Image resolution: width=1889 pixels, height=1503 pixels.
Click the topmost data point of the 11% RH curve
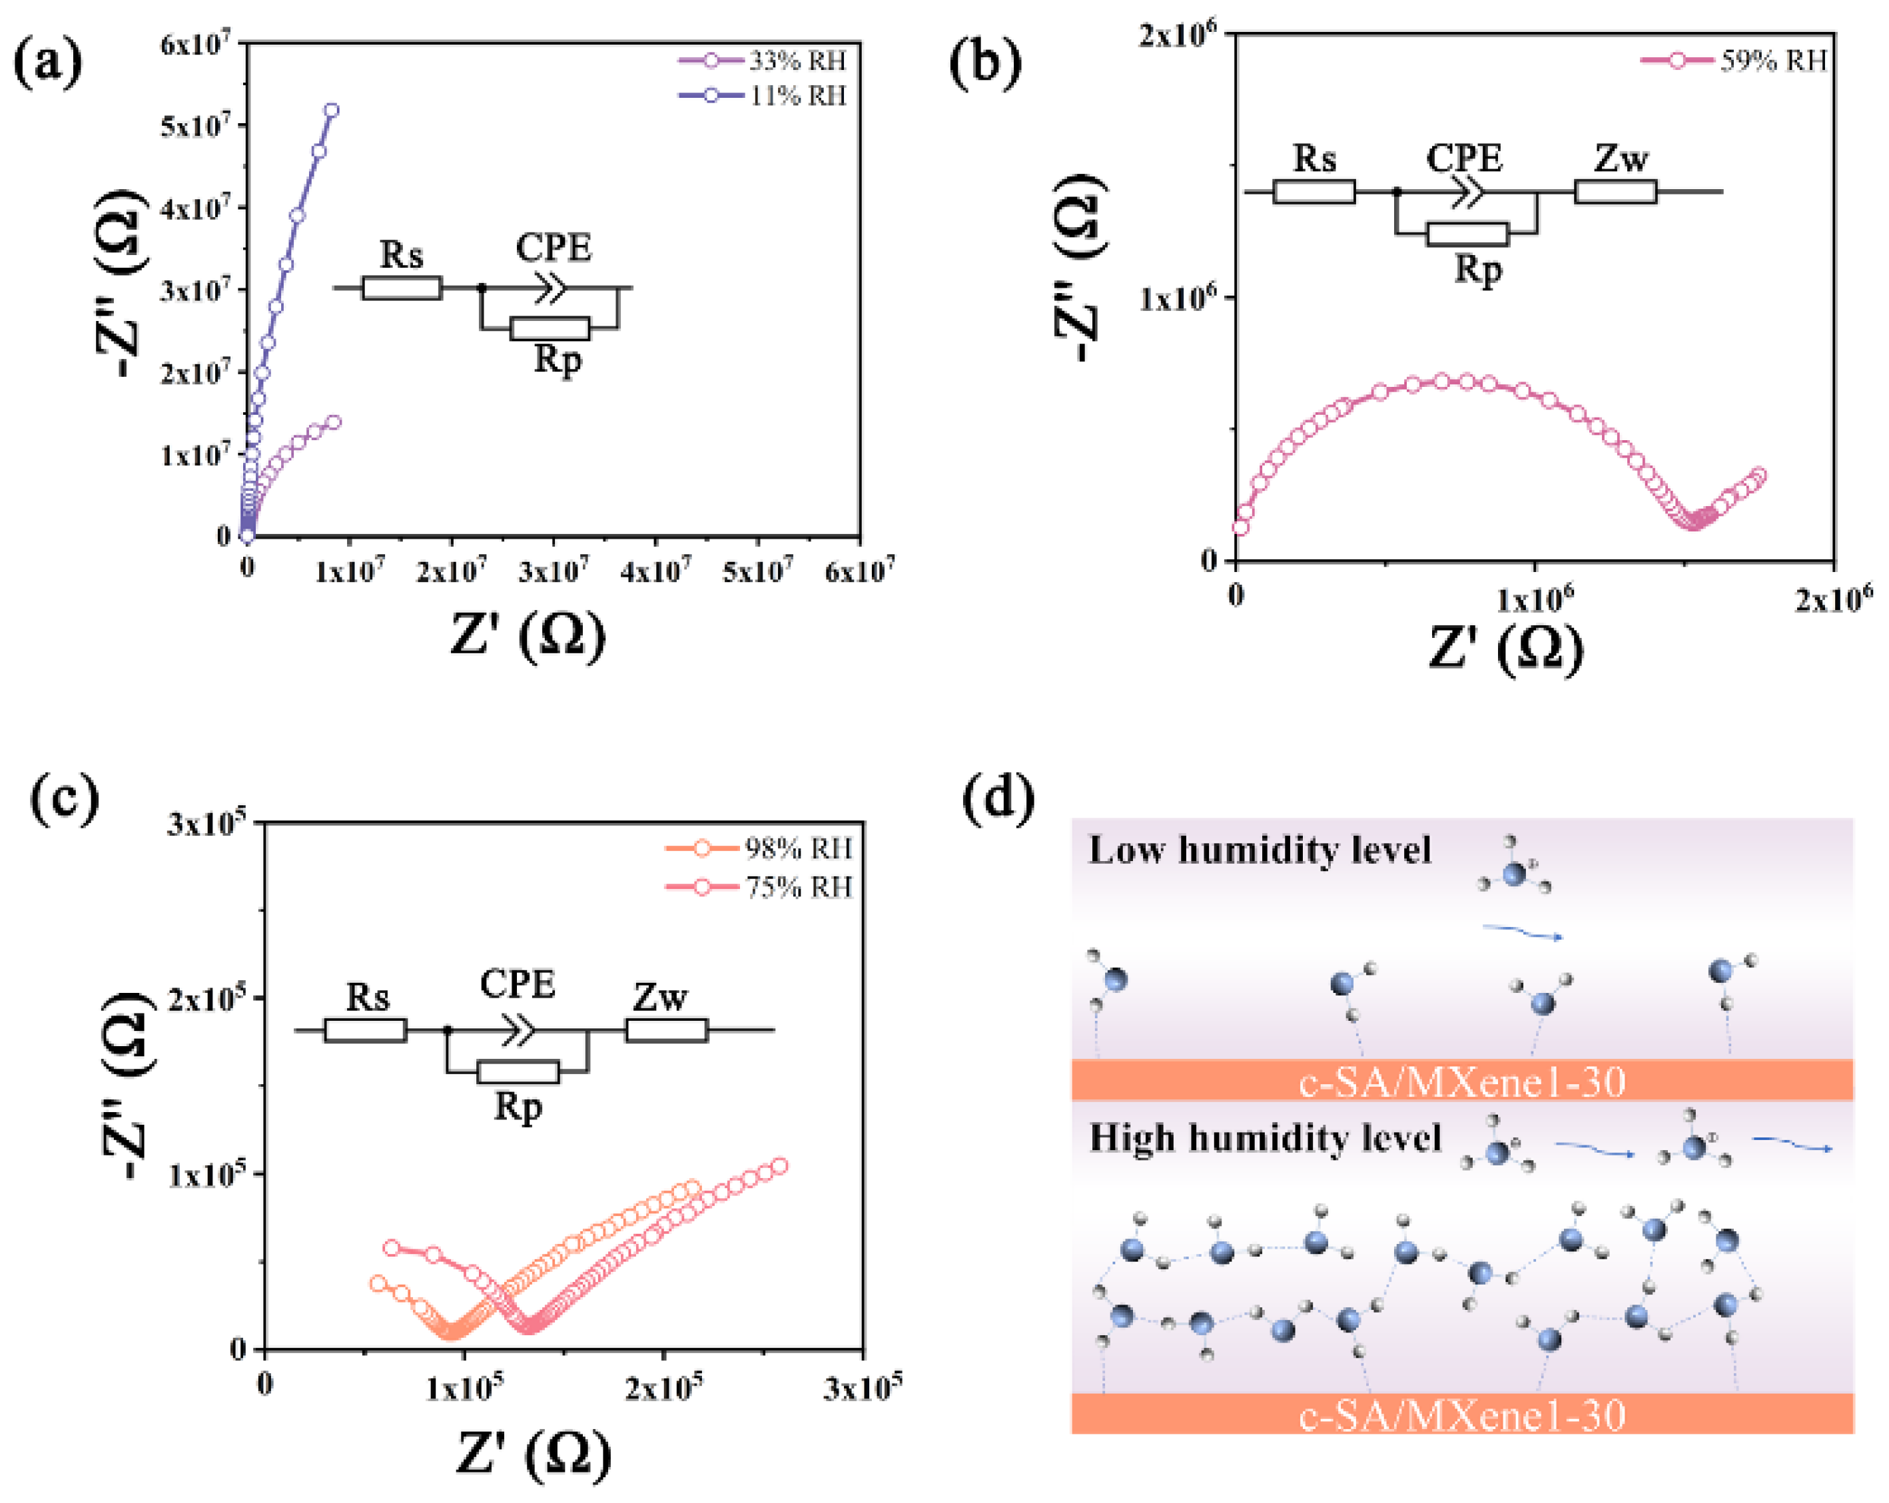tap(331, 111)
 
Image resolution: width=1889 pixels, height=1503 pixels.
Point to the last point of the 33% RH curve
tap(333, 422)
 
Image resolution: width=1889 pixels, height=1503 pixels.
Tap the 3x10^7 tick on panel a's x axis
tap(553, 572)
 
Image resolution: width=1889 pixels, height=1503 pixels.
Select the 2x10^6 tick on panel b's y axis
tap(1178, 35)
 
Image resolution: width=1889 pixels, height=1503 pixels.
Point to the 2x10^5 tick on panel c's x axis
tap(663, 1386)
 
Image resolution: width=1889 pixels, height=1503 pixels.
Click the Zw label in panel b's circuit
tap(1620, 158)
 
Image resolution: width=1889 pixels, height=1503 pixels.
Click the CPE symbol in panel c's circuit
tap(519, 1030)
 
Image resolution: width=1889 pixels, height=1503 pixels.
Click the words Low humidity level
tap(1259, 850)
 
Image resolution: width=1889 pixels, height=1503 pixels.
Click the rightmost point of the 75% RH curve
tap(778, 1166)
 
